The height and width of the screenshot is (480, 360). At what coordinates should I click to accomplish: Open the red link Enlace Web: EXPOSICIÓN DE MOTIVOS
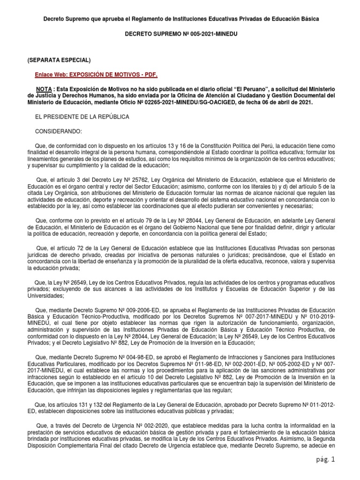(96, 75)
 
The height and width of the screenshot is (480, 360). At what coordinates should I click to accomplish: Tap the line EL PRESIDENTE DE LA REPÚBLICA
(82, 116)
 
